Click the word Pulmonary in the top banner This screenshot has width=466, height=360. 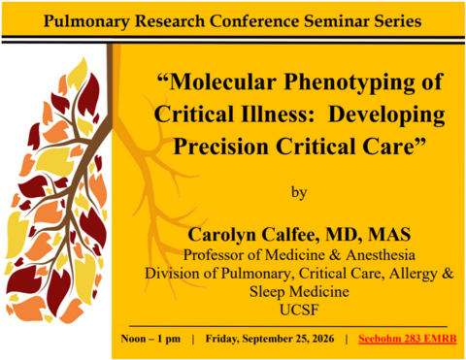coord(86,21)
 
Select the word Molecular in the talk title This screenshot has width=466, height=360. coord(222,82)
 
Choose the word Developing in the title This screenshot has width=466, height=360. coord(386,115)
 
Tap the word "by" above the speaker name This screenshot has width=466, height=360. coord(299,192)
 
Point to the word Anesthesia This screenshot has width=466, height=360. coord(381,255)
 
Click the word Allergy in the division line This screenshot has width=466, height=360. coord(414,274)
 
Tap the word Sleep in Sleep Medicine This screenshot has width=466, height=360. coord(268,292)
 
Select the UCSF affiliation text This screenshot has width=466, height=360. coord(299,310)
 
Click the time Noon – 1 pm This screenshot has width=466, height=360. coord(150,339)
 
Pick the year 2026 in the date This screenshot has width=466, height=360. coord(320,339)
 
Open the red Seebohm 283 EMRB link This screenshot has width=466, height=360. coord(408,339)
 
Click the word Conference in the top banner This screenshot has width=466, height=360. coord(254,20)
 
